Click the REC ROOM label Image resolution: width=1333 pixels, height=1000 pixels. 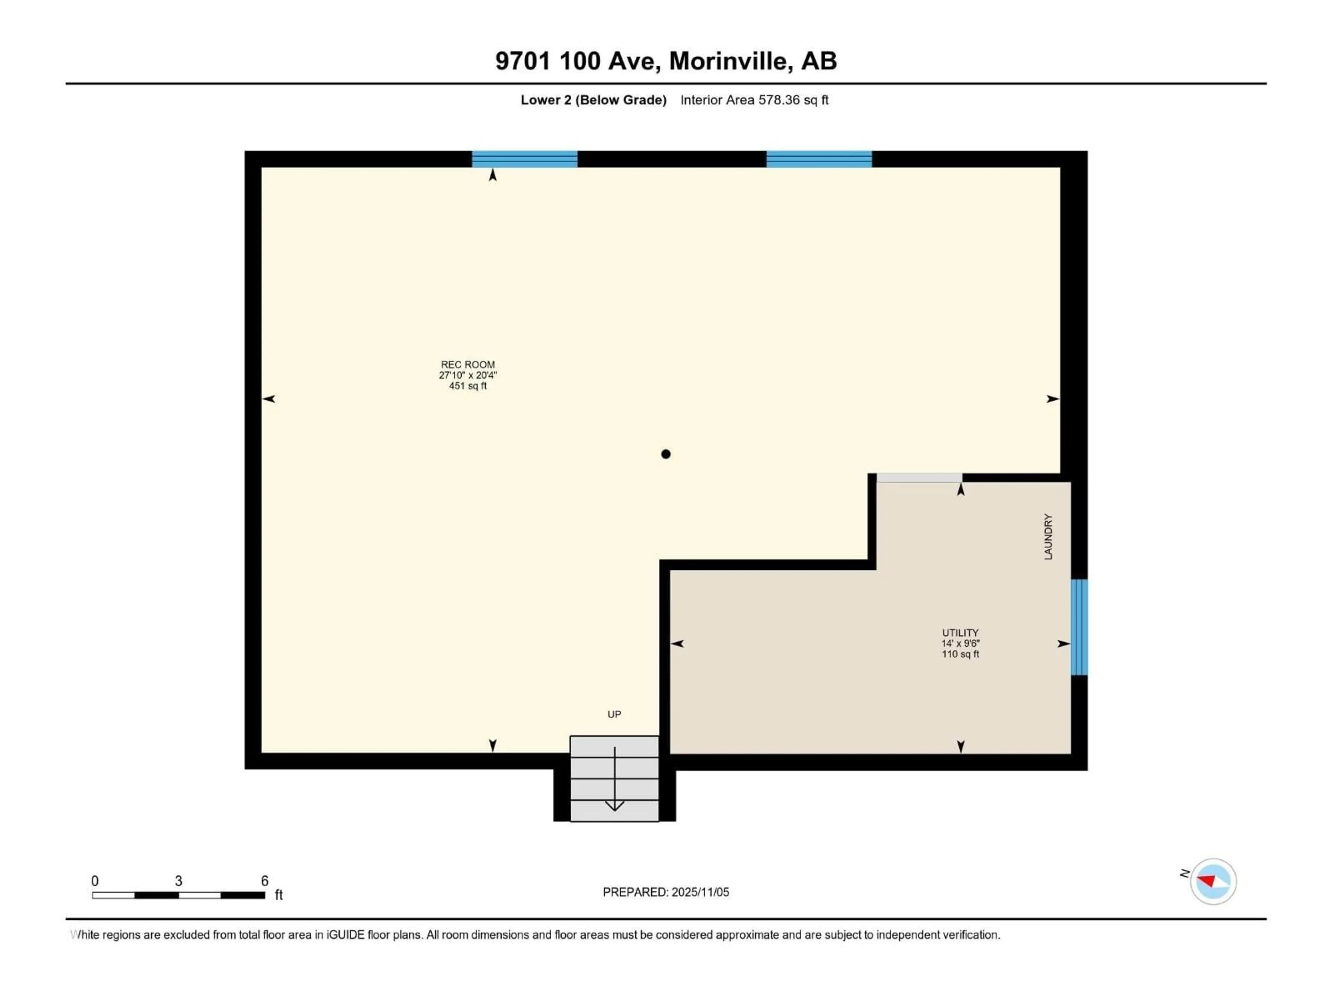click(x=468, y=365)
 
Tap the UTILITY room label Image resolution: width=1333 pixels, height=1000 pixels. click(x=960, y=633)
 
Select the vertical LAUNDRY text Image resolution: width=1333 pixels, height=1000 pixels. click(x=1048, y=536)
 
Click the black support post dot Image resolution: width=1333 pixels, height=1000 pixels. click(x=665, y=454)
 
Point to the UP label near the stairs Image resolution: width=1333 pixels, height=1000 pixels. click(x=614, y=714)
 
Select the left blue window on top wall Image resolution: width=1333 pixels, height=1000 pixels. click(x=524, y=159)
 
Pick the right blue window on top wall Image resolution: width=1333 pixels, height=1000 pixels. click(x=819, y=159)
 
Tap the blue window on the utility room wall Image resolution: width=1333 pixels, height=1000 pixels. click(x=1079, y=627)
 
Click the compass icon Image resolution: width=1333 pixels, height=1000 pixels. click(x=1213, y=881)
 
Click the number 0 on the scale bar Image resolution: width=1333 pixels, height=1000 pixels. click(x=95, y=881)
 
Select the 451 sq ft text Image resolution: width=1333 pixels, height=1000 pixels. click(x=468, y=386)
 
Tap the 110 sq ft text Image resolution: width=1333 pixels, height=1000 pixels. click(x=960, y=654)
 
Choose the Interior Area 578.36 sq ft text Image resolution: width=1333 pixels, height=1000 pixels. click(x=754, y=100)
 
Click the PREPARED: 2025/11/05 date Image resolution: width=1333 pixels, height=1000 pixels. click(x=666, y=892)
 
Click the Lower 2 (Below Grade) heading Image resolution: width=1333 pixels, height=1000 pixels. click(x=594, y=100)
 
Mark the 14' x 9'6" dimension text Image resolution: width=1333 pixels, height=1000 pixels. click(x=960, y=643)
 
